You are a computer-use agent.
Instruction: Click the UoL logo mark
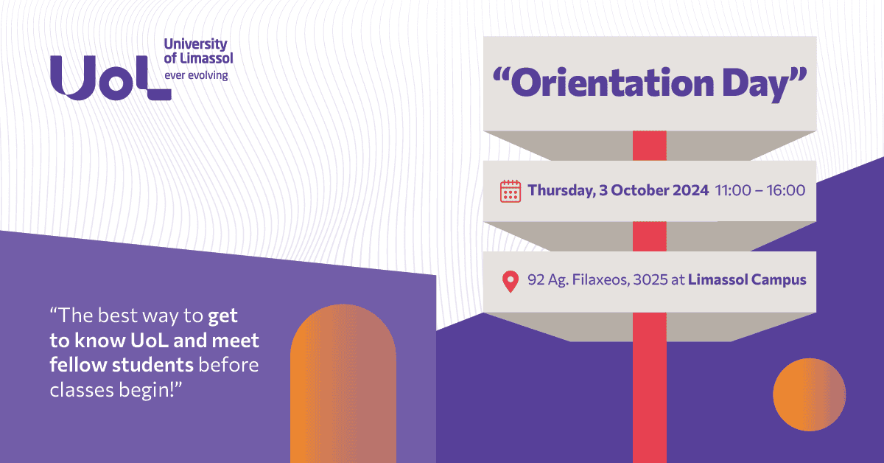[x=110, y=77]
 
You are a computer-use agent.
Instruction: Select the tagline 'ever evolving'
[x=196, y=75]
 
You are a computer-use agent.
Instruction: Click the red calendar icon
[x=511, y=191]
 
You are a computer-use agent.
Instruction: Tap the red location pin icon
[x=510, y=281]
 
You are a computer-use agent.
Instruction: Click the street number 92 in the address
[x=536, y=280]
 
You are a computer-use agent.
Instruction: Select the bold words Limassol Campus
[x=747, y=280]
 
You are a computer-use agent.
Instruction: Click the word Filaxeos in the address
[x=597, y=280]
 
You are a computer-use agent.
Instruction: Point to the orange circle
[x=809, y=394]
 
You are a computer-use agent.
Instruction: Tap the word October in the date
[x=650, y=190]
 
